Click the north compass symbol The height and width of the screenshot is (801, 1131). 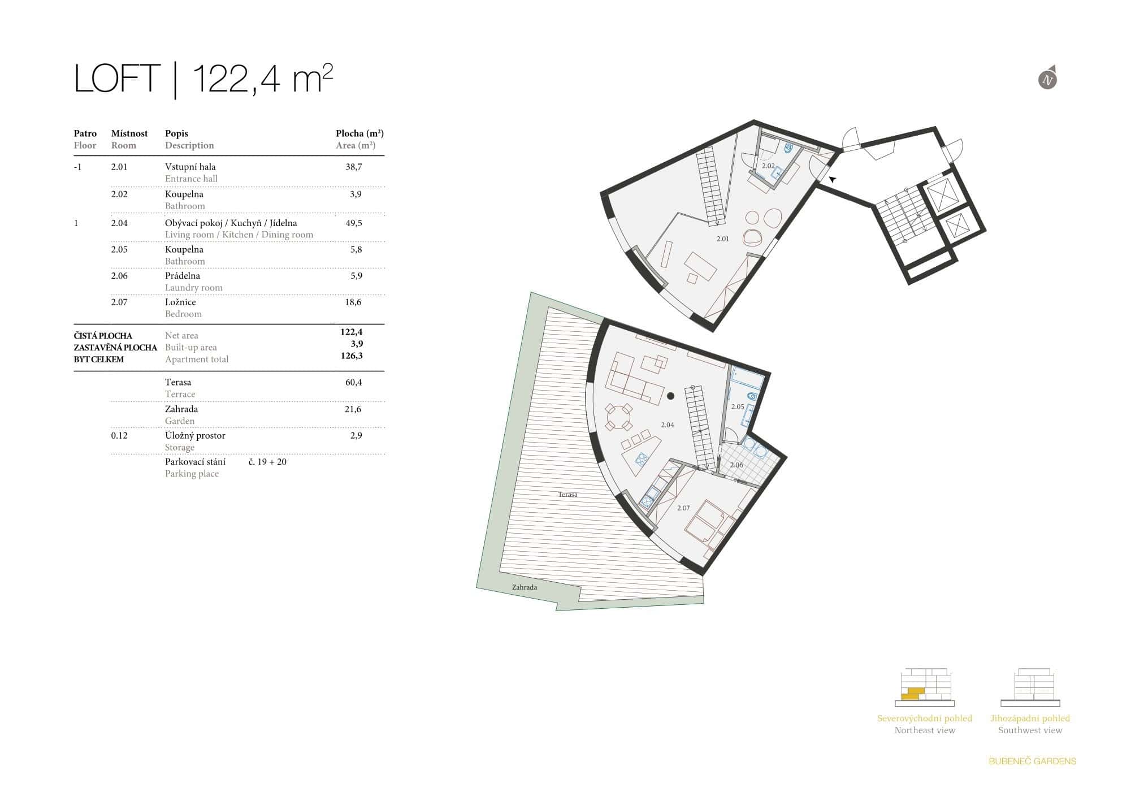(x=1048, y=80)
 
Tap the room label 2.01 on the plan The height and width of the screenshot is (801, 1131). (x=722, y=239)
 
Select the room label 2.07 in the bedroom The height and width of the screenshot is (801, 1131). (x=683, y=508)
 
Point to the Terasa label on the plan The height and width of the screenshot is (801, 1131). (x=567, y=495)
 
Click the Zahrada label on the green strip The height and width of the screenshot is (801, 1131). (x=525, y=587)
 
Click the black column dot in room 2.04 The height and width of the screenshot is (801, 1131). (x=670, y=396)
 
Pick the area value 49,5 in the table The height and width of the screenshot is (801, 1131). (x=354, y=223)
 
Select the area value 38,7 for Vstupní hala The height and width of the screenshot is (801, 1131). (x=354, y=167)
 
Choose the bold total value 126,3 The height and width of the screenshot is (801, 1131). (x=352, y=356)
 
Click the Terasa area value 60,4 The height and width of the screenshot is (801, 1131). (x=353, y=383)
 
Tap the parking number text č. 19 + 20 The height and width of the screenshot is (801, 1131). (x=267, y=462)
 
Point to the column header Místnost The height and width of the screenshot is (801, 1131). (x=129, y=133)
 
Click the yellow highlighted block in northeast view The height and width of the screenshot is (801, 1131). (x=912, y=694)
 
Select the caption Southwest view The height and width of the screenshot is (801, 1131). (x=1030, y=730)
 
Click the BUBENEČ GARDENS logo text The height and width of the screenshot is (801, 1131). (x=1032, y=761)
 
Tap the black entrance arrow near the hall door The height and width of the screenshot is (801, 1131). (x=833, y=179)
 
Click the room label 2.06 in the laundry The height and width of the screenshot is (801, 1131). (x=736, y=465)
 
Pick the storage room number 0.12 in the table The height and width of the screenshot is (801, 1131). (x=119, y=436)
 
